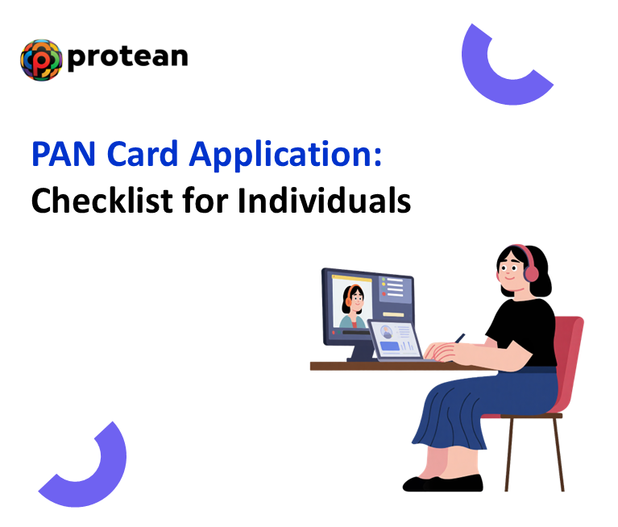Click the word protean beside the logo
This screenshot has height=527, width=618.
(127, 57)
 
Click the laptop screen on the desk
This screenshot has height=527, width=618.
(396, 339)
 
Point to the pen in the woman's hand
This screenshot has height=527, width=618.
(459, 338)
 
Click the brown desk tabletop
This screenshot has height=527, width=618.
(363, 366)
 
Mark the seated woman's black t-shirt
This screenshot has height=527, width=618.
(524, 330)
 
